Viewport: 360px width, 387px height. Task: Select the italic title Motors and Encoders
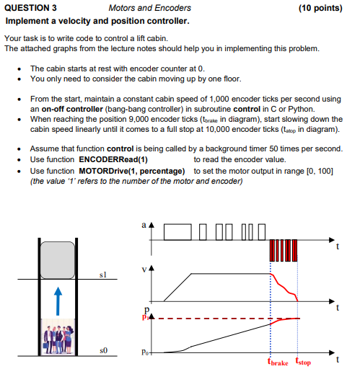(149, 8)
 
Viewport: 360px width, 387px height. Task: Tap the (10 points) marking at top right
(319, 8)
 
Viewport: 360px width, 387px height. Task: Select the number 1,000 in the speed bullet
(220, 98)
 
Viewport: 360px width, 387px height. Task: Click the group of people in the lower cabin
(58, 336)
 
